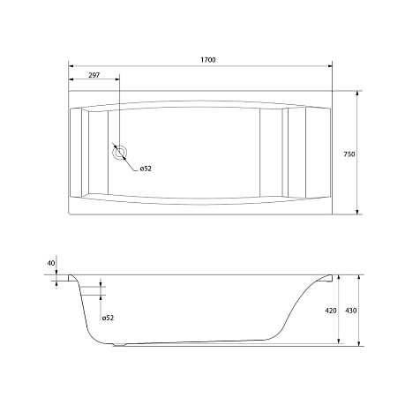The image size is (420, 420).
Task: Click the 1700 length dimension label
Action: click(x=208, y=60)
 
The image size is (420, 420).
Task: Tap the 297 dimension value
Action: click(x=94, y=75)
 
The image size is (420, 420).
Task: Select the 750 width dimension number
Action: click(x=349, y=154)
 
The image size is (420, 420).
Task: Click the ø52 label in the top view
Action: click(x=146, y=169)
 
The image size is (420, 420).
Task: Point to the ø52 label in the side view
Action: click(x=108, y=318)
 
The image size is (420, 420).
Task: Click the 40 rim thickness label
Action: click(x=51, y=263)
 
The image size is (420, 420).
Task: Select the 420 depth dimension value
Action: click(x=331, y=311)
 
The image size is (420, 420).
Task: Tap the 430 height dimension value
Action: click(x=351, y=311)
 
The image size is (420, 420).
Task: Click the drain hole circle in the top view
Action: click(x=120, y=153)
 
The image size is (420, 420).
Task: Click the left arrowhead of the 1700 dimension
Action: click(x=71, y=66)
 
